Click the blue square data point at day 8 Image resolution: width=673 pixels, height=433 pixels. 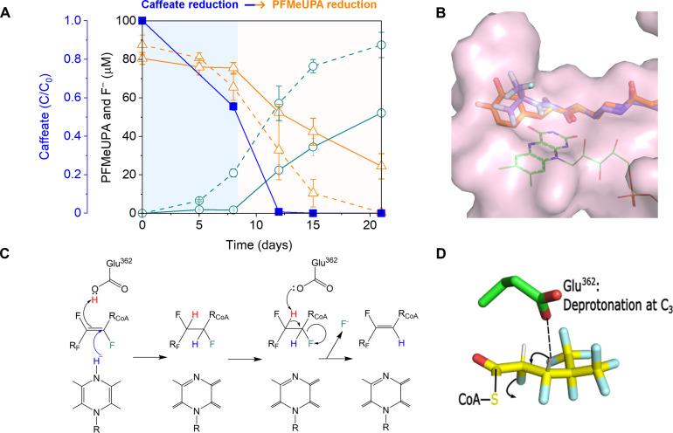click(233, 107)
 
